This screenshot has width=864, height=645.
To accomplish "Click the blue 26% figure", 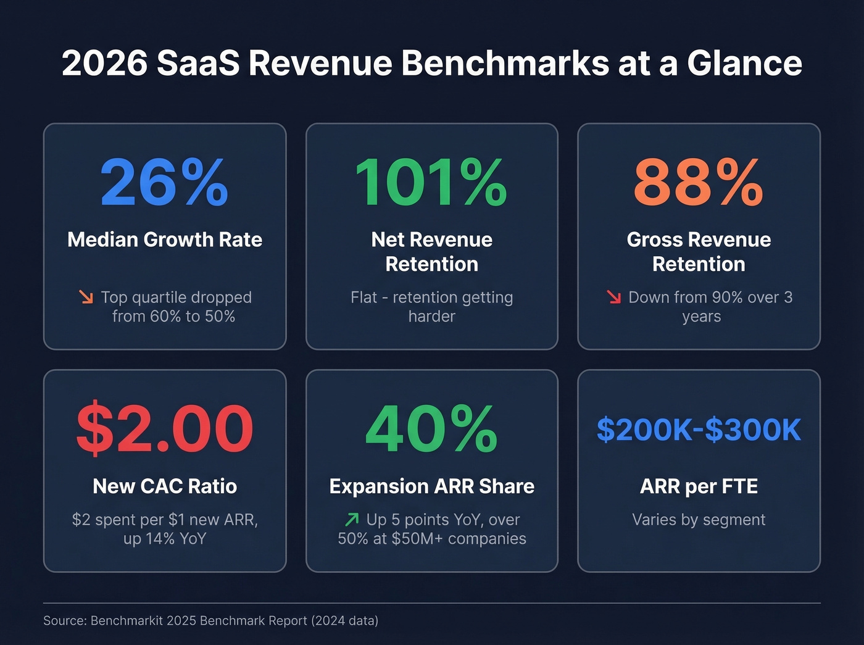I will coord(164,183).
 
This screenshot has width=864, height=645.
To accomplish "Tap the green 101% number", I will coord(431,183).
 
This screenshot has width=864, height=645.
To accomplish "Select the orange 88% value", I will coord(699,183).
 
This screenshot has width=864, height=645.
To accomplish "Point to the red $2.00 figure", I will coord(165,429).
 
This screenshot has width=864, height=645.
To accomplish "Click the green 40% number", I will coord(431,429).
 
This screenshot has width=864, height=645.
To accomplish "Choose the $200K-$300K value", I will coord(699,430).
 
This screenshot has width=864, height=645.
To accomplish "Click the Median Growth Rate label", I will coord(165,239).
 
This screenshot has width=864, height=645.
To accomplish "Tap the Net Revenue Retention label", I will coord(431,252).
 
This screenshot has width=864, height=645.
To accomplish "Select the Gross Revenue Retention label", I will coord(699,252).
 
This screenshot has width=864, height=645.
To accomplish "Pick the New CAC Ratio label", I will coord(165,486).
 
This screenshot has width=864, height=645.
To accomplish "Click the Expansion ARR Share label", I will coord(431,486).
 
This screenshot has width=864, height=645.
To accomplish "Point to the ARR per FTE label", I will coord(699,486).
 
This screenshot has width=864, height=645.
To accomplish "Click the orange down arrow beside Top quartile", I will coord(86,297).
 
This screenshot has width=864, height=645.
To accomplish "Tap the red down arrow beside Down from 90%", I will coord(613,297).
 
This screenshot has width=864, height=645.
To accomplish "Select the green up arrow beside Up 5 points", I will coord(352,519).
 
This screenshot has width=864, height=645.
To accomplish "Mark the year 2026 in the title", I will coord(104,63).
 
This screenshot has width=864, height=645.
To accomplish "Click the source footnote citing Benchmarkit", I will coord(210,620).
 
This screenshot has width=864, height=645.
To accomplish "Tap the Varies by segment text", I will coord(699,520).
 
